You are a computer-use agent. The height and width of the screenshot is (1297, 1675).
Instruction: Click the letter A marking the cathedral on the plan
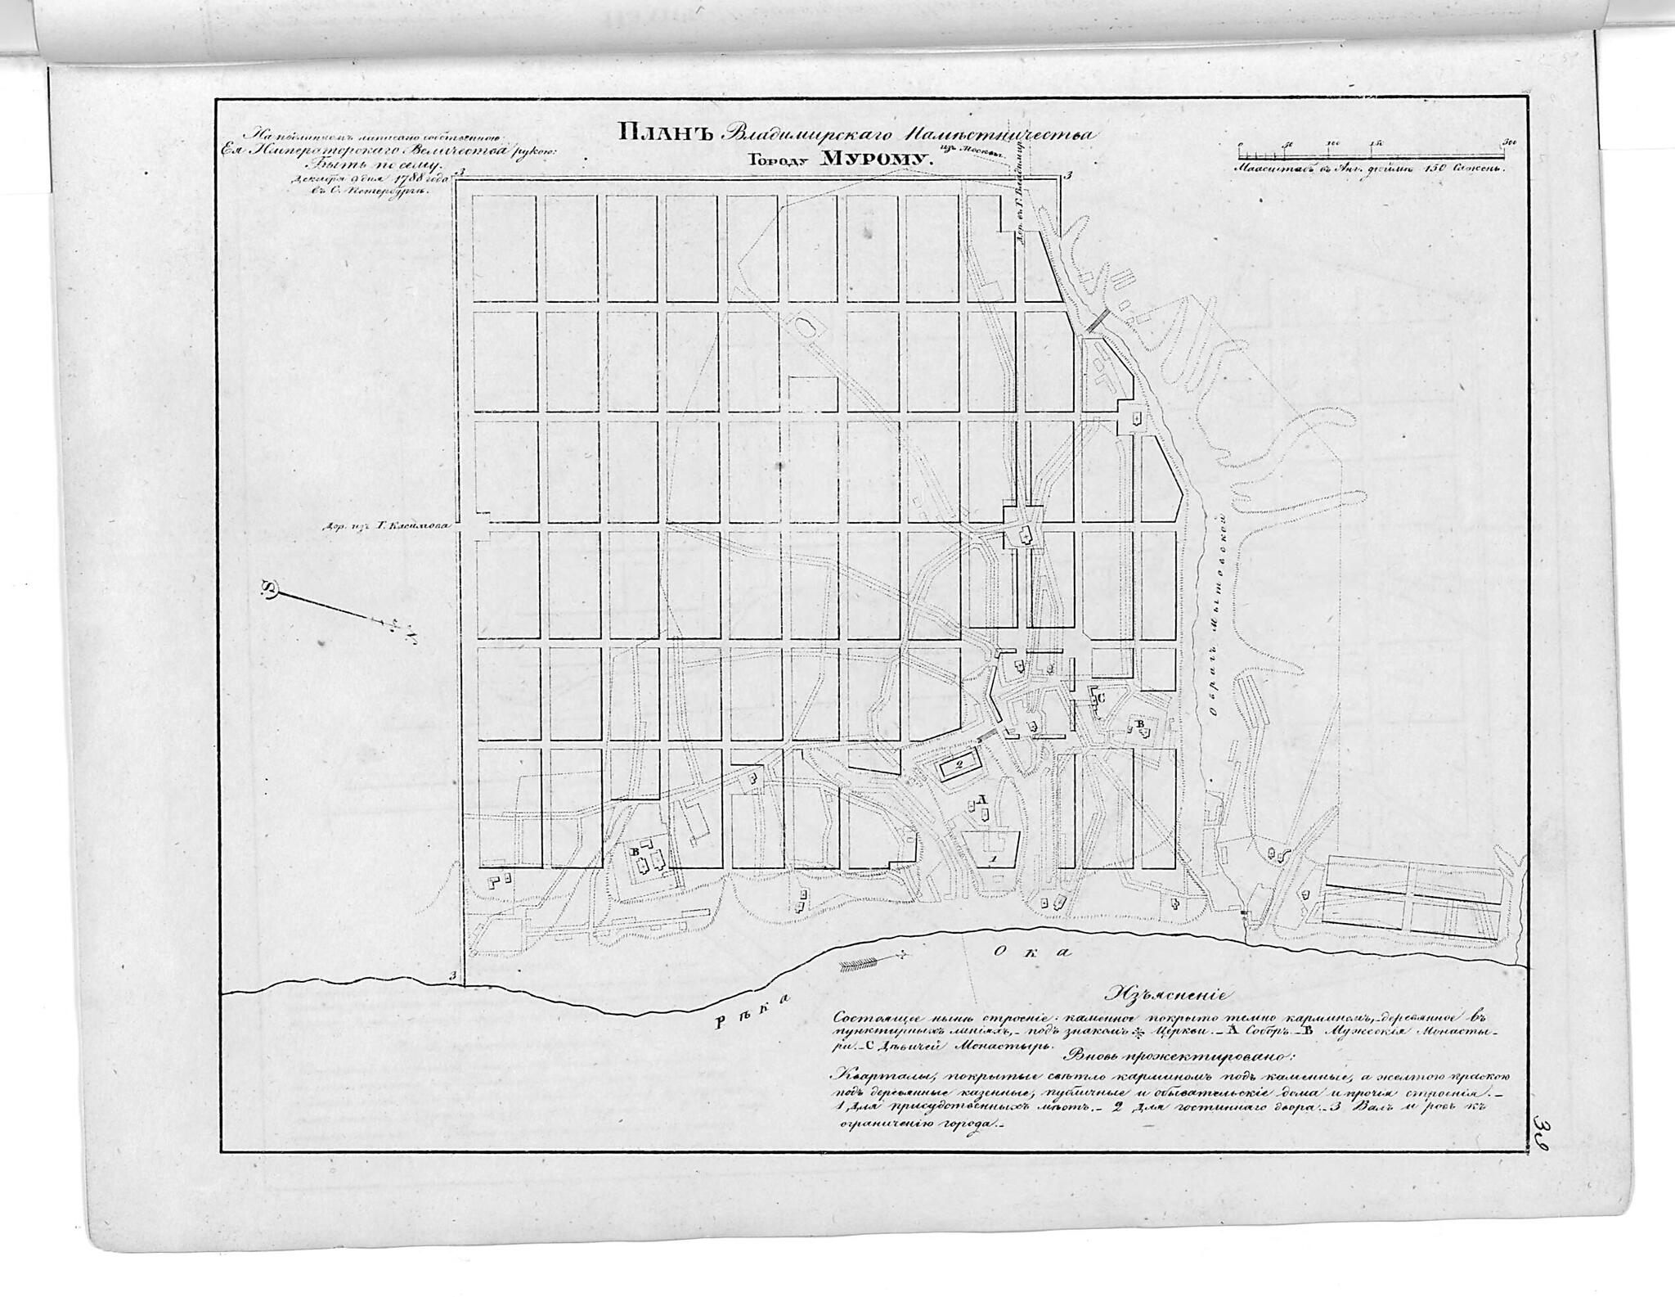(x=983, y=798)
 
